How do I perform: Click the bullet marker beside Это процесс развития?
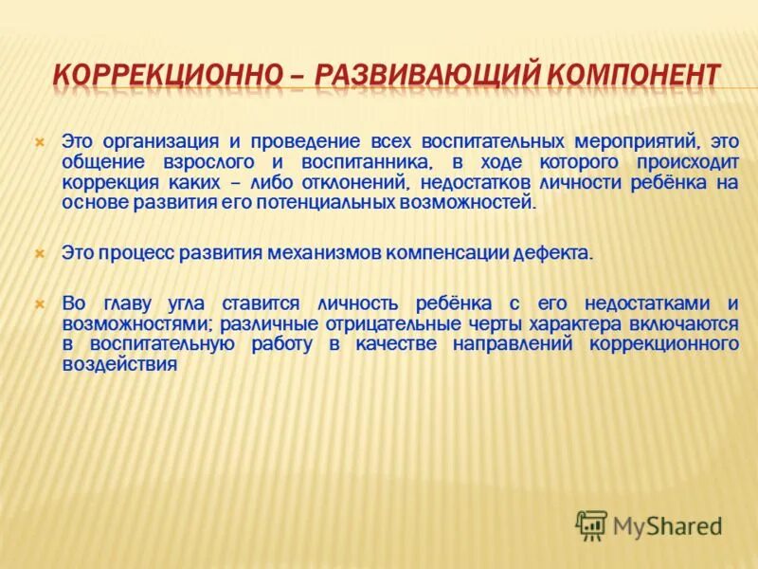coord(40,253)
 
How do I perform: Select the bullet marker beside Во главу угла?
coord(40,303)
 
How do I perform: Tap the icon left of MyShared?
coord(591,524)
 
